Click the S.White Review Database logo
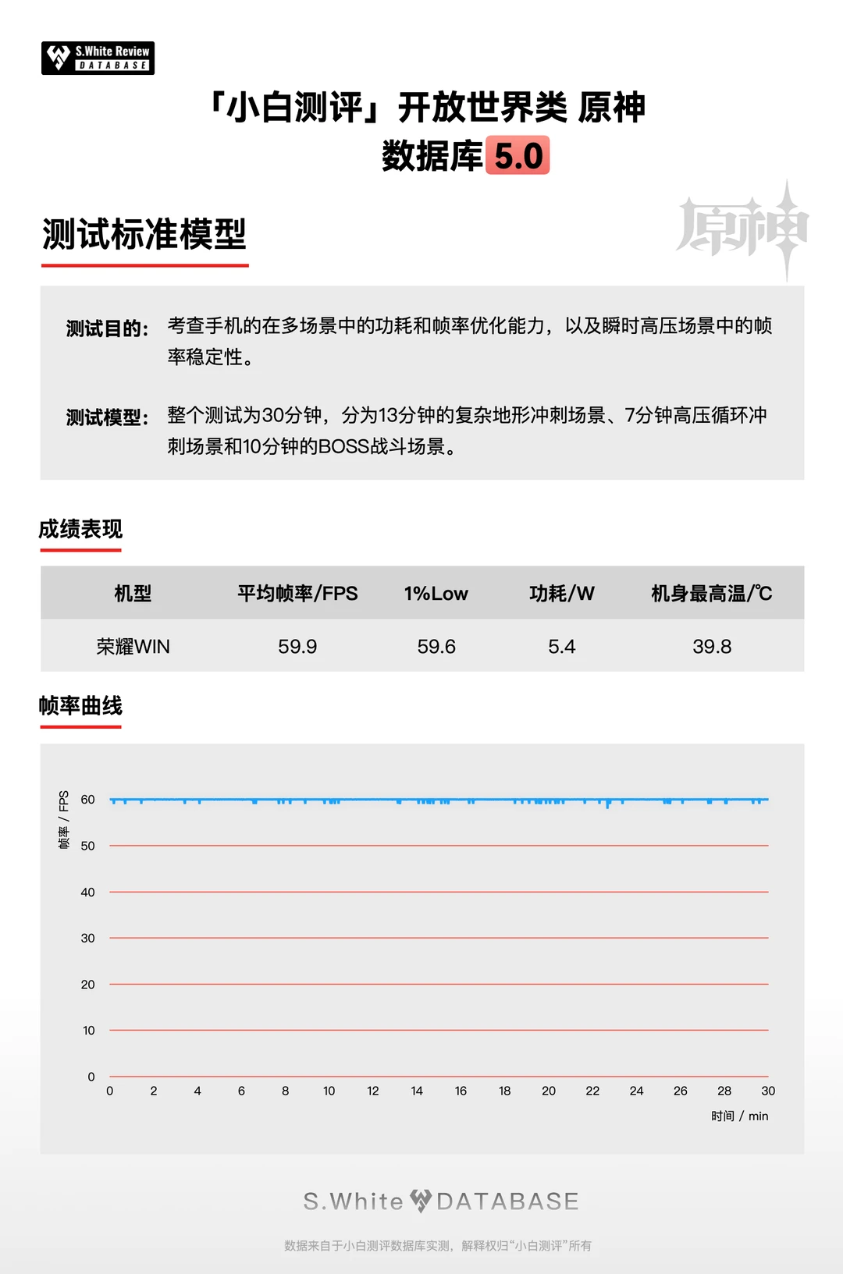98,59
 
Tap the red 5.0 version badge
518,155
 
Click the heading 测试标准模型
144,234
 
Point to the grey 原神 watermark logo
742,229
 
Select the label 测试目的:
107,328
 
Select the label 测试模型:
107,417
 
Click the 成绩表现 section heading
80,530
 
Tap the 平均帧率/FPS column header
297,594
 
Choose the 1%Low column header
436,594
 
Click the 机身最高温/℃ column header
711,594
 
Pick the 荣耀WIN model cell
133,647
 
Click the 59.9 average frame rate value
297,647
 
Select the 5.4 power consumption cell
561,647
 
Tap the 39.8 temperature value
711,647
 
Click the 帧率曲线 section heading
80,706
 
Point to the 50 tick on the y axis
87,846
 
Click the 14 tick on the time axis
417,1091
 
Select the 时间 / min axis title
739,1116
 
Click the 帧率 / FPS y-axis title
64,819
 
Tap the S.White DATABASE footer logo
441,1201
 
